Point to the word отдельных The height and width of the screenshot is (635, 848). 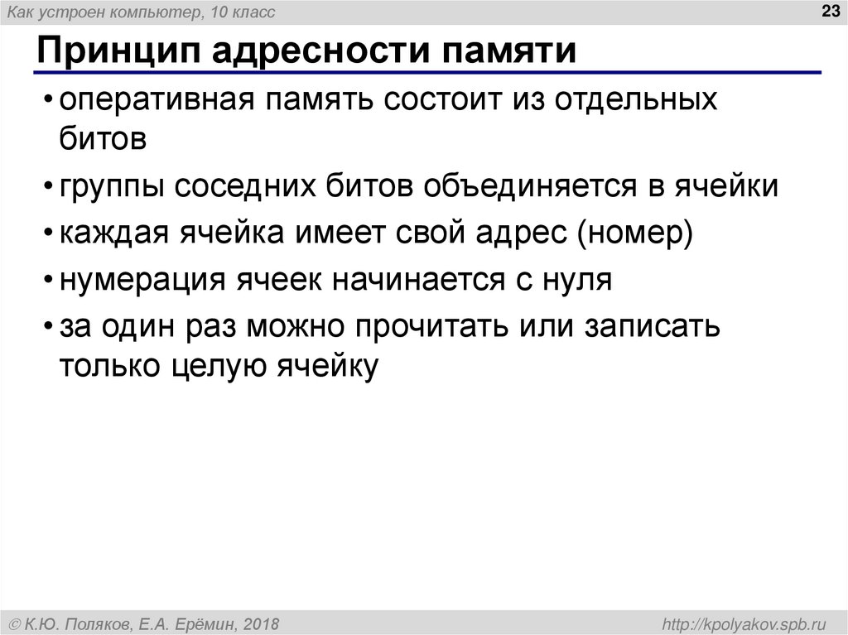coord(636,101)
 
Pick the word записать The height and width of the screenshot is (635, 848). coord(653,327)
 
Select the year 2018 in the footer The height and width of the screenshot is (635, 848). coord(262,623)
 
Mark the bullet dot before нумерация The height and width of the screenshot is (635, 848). coord(48,281)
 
